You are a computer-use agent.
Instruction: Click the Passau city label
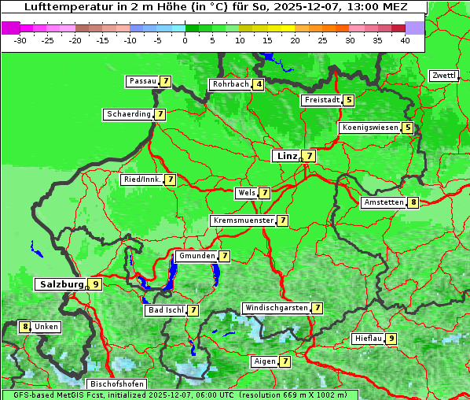pyautogui.click(x=142, y=81)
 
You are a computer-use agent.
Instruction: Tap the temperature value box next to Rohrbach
pyautogui.click(x=259, y=84)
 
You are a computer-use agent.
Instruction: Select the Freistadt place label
pyautogui.click(x=321, y=100)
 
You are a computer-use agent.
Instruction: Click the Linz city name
pyautogui.click(x=287, y=156)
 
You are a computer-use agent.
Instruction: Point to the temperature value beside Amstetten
pyautogui.click(x=413, y=202)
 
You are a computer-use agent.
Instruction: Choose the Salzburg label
pyautogui.click(x=61, y=284)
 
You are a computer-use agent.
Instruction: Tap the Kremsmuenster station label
pyautogui.click(x=243, y=220)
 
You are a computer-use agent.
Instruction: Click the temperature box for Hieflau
pyautogui.click(x=391, y=339)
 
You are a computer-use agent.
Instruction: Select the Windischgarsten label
pyautogui.click(x=275, y=308)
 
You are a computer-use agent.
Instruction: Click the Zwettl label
pyautogui.click(x=443, y=76)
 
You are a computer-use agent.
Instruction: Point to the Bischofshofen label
pyautogui.click(x=116, y=384)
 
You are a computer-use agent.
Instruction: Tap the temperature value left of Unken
pyautogui.click(x=25, y=327)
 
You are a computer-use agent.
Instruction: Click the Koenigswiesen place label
pyautogui.click(x=369, y=128)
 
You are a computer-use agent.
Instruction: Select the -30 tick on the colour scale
pyautogui.click(x=20, y=40)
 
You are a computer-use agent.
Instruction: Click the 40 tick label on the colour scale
pyautogui.click(x=405, y=40)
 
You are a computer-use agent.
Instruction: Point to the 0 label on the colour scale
pyautogui.click(x=185, y=40)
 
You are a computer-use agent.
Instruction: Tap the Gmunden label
pyautogui.click(x=196, y=256)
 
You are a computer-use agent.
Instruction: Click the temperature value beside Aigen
pyautogui.click(x=285, y=361)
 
